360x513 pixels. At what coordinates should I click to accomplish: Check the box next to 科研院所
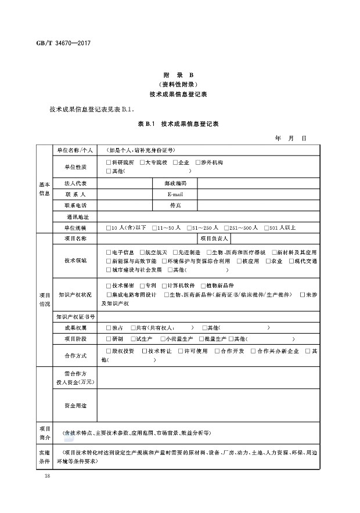click(109, 162)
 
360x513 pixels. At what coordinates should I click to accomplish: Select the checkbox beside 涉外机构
click(198, 162)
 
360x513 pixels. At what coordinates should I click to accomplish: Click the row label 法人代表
click(75, 183)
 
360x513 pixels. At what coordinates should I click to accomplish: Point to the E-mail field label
click(175, 194)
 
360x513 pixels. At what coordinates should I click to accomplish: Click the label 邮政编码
click(175, 183)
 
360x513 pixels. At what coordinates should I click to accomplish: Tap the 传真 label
click(175, 205)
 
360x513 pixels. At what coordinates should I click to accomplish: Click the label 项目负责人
click(215, 239)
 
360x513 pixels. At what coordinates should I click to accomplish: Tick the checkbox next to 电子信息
click(109, 252)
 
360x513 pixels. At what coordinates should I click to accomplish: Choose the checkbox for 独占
click(109, 328)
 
